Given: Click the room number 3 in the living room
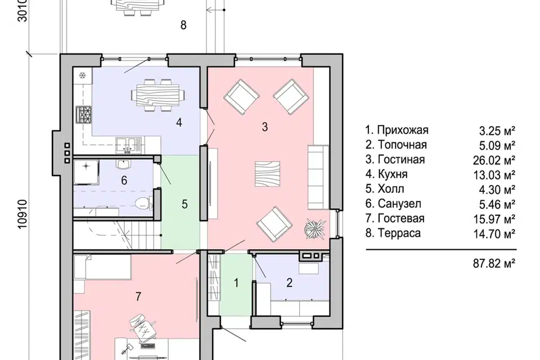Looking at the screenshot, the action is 264,127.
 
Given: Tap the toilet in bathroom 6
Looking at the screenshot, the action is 142,203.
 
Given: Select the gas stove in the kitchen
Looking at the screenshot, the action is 84,115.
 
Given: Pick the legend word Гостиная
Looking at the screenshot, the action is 401,160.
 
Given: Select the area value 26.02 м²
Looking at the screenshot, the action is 494,160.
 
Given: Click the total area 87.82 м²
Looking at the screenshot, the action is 494,264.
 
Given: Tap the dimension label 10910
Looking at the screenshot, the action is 22,214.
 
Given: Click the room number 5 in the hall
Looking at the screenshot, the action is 184,204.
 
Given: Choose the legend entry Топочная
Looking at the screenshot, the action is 402,145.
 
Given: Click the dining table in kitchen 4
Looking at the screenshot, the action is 157,96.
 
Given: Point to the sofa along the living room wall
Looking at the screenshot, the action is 318,177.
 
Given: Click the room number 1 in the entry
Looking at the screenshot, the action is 236,283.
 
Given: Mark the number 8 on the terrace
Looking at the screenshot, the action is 183,25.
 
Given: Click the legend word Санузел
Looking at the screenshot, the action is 399,204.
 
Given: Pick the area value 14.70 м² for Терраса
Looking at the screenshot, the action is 494,234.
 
